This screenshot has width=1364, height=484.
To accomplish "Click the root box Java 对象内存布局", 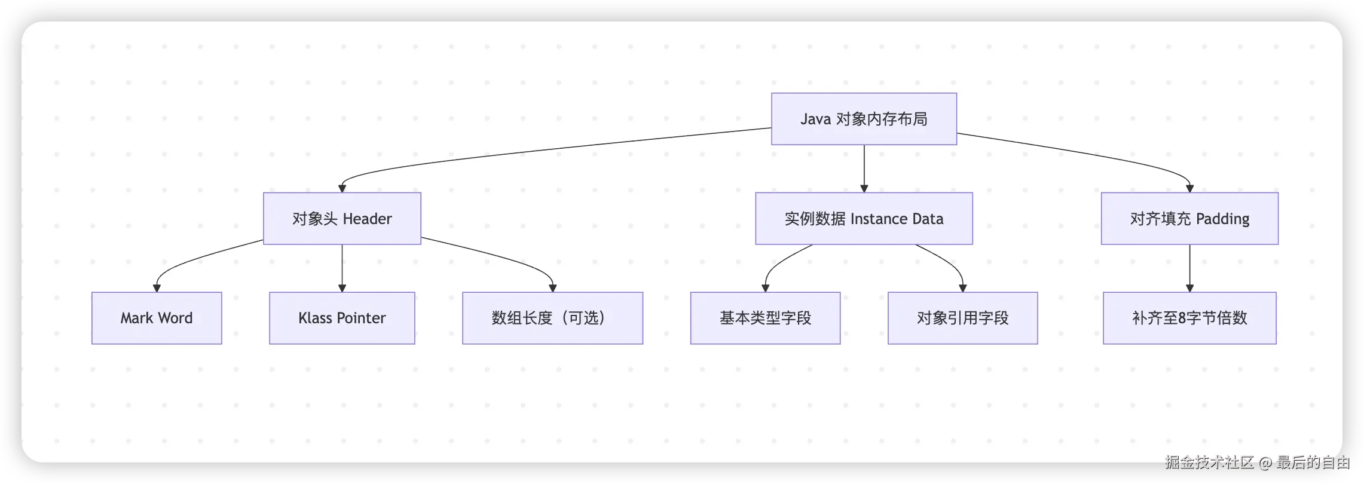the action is [x=864, y=119].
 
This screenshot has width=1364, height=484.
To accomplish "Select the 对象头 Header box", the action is [x=342, y=219].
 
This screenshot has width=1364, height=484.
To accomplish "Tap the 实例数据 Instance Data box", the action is [x=864, y=219].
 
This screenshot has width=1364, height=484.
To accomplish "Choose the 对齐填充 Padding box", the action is [x=1189, y=219].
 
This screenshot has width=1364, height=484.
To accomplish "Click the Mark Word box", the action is [x=157, y=318].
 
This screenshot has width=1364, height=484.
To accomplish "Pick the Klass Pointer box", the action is [x=342, y=318].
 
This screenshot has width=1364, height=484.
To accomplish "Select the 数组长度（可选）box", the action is [x=552, y=318].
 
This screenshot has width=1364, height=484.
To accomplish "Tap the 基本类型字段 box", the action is [x=765, y=318].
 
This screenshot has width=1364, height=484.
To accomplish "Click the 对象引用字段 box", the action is [x=962, y=318].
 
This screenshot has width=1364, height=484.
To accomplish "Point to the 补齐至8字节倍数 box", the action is [x=1189, y=318].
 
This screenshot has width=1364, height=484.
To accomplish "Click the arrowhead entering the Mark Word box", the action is [x=157, y=288].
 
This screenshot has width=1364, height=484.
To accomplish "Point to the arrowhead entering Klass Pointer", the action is [x=342, y=288].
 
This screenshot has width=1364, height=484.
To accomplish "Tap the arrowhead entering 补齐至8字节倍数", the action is [x=1189, y=288].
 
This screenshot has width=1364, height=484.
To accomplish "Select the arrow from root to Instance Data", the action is [x=864, y=169].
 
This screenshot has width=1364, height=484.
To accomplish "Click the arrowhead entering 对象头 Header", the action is [x=342, y=189].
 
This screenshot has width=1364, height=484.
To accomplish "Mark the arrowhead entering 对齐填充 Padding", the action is [x=1189, y=189].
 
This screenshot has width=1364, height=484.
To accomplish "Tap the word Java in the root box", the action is [x=816, y=120].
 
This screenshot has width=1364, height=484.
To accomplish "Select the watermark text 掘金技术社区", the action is [x=1209, y=462].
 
